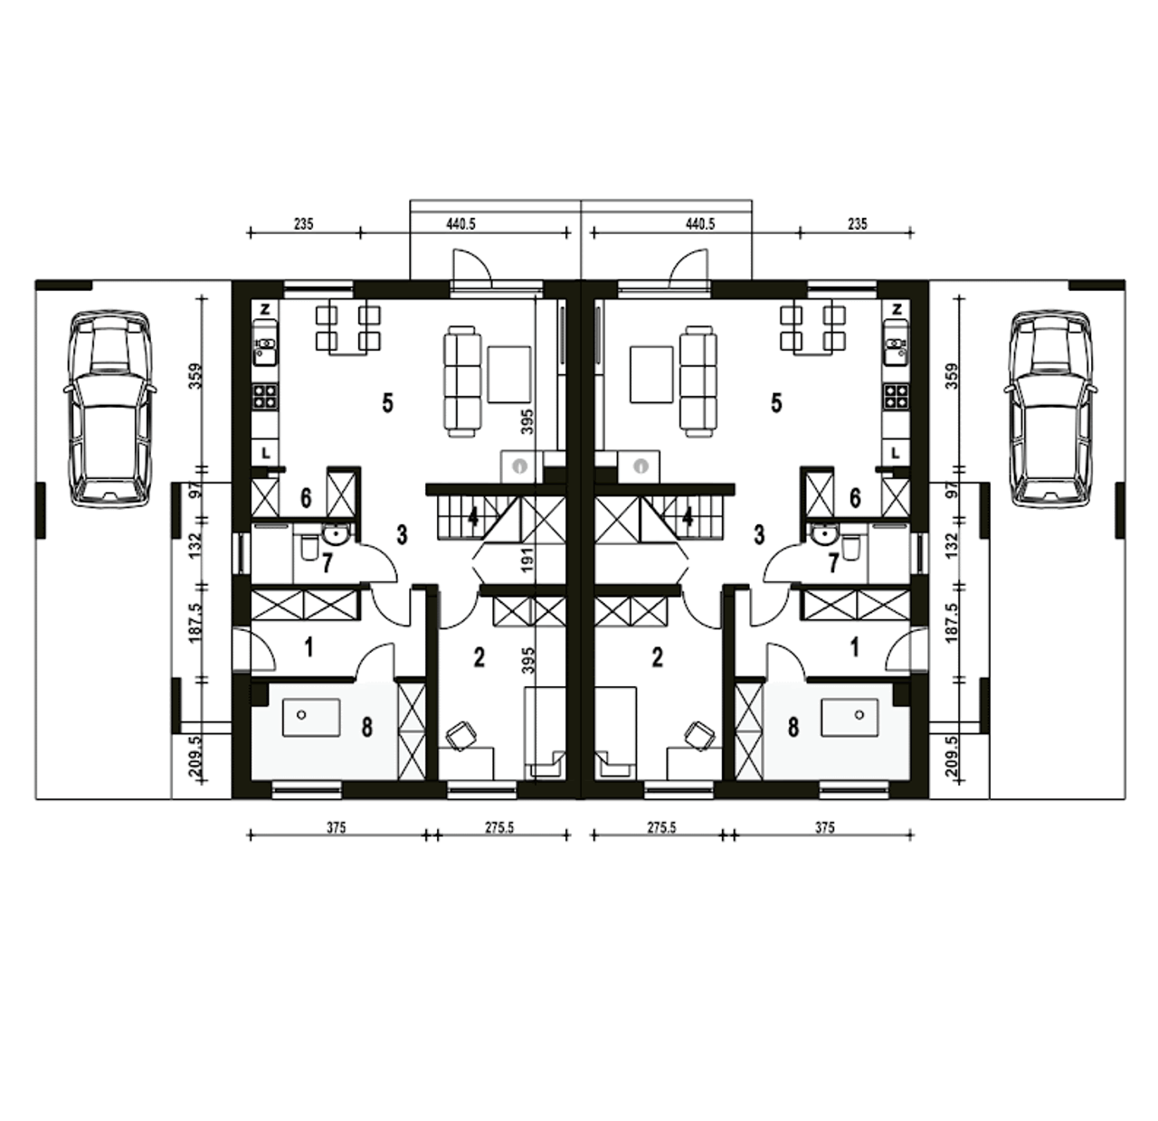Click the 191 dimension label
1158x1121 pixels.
coord(527,560)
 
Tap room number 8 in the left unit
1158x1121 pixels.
coord(366,727)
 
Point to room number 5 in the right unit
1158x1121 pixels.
coord(776,404)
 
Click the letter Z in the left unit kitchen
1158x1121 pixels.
coord(265,309)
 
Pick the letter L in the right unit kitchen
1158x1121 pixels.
coord(896,454)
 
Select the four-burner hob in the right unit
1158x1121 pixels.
coord(897,395)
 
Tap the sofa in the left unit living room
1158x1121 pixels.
coord(461,382)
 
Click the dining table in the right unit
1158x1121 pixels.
coord(812,331)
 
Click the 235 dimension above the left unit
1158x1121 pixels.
coord(303,224)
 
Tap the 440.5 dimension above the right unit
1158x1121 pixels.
coord(700,224)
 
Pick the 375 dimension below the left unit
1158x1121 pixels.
coord(337,827)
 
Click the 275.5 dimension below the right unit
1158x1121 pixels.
coord(661,827)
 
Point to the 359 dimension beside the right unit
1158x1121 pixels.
coord(952,376)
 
